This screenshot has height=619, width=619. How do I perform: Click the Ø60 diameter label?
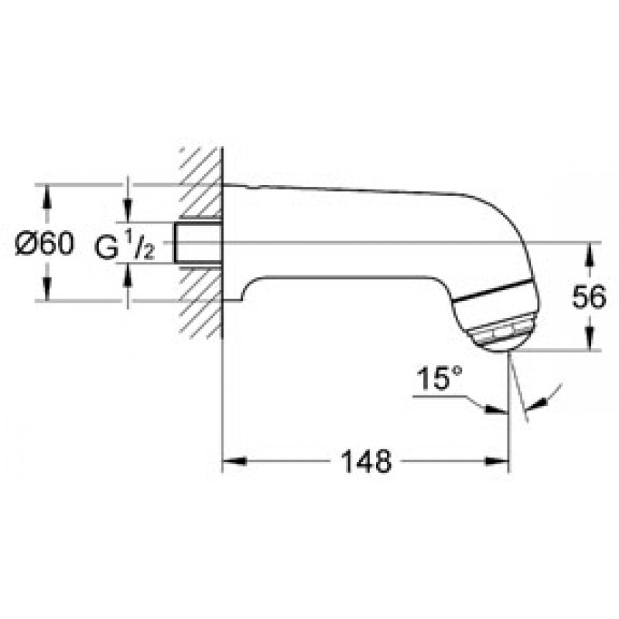point(44,243)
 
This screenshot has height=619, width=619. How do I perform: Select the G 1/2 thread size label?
point(125,245)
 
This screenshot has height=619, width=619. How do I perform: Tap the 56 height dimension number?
point(589,297)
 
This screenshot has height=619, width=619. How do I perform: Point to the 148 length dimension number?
point(366,461)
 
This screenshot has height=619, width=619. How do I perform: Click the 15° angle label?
point(439,378)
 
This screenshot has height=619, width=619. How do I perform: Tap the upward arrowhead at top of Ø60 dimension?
point(47,197)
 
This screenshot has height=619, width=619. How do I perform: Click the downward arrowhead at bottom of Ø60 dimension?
point(47,289)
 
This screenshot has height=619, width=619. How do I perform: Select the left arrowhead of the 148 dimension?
point(234,461)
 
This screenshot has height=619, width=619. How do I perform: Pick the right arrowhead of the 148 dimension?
point(497,461)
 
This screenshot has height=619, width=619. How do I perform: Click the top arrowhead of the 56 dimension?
point(590,255)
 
